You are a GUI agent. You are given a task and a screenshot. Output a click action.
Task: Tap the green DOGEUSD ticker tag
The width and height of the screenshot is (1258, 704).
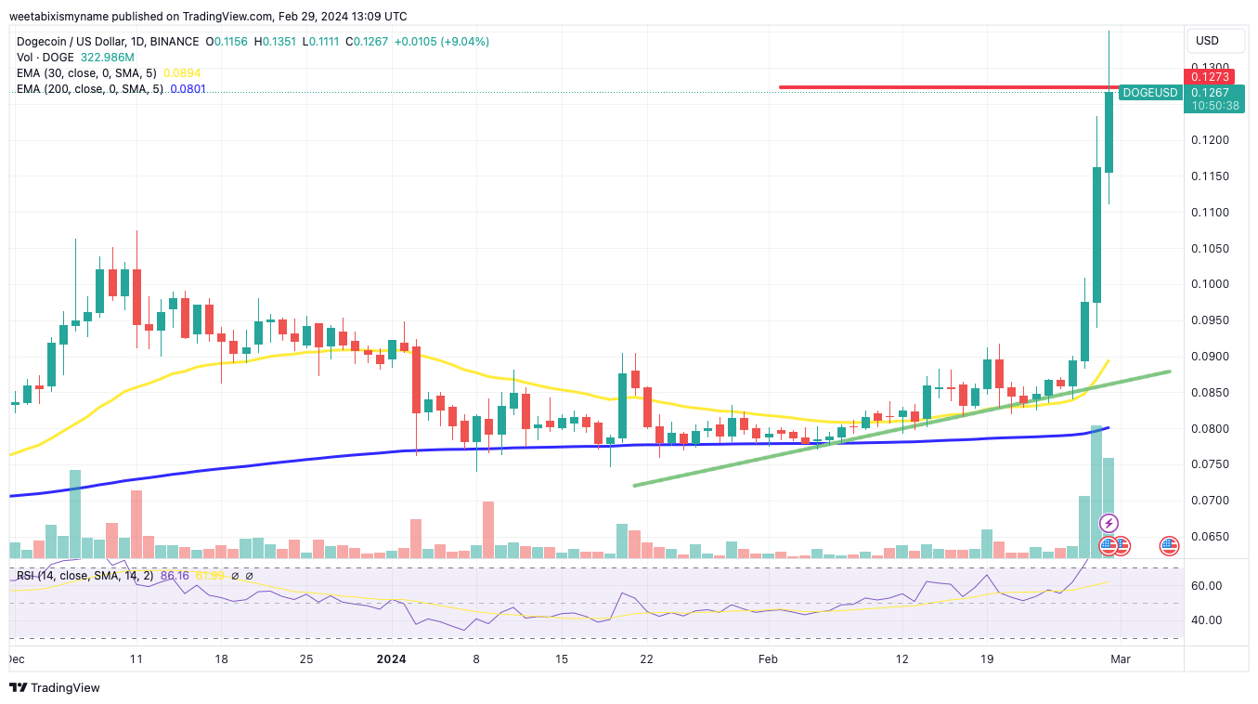tap(1149, 92)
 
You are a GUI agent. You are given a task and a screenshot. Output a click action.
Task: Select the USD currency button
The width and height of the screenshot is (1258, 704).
tap(1207, 41)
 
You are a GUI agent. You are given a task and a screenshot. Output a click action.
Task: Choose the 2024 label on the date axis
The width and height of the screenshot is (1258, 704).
tap(391, 659)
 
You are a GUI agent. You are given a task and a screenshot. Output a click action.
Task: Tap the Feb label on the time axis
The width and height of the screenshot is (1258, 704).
tap(768, 659)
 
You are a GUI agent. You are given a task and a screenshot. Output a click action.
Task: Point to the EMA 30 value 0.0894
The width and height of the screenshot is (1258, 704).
tap(182, 72)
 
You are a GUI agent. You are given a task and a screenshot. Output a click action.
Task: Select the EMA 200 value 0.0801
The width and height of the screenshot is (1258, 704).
tap(188, 89)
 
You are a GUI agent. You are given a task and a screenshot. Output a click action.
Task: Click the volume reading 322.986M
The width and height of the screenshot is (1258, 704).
tap(115, 57)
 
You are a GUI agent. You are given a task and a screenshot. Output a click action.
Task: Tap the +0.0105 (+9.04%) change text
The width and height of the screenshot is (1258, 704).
tap(442, 42)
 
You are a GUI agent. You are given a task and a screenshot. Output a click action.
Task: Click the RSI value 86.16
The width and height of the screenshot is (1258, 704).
tap(175, 576)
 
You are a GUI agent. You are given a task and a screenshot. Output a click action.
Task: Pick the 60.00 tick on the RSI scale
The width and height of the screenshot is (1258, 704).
tap(1206, 586)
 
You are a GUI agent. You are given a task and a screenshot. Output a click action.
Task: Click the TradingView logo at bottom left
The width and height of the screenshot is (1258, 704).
tap(55, 688)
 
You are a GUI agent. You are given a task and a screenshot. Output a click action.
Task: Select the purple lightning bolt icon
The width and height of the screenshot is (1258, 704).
tap(1109, 523)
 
